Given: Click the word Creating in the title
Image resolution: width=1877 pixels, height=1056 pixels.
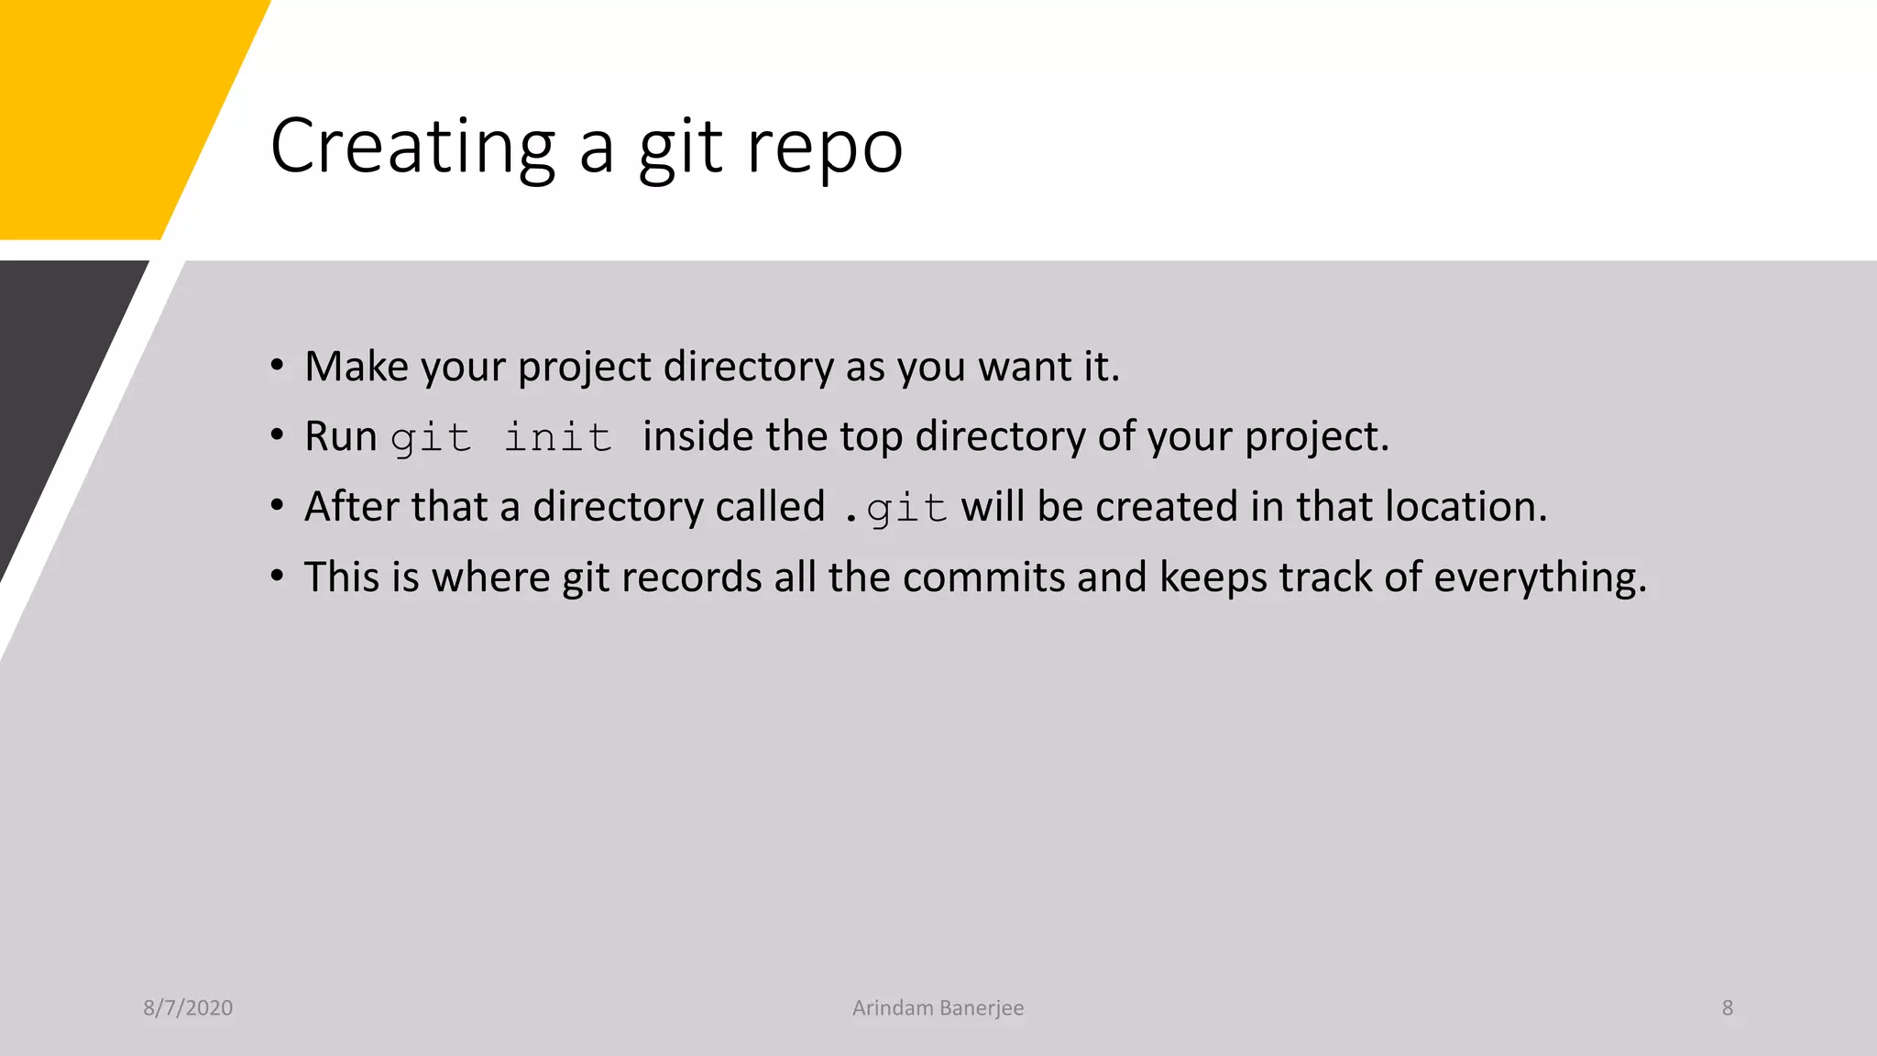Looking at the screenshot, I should pyautogui.click(x=412, y=147).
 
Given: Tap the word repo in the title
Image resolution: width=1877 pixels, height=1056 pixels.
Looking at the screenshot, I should pyautogui.click(x=825, y=148).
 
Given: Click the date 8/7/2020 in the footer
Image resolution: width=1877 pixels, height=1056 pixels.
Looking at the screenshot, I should pyautogui.click(x=188, y=1007).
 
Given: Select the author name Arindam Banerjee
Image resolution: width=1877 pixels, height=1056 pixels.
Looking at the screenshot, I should pyautogui.click(x=938, y=1007).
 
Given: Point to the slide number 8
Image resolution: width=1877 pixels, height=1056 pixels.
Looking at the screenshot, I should pyautogui.click(x=1728, y=1007).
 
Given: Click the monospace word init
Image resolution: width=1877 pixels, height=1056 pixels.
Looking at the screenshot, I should pyautogui.click(x=557, y=436).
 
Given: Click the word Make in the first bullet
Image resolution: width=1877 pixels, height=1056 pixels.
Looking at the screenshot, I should pyautogui.click(x=357, y=366).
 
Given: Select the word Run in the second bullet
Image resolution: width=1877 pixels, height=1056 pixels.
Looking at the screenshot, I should pyautogui.click(x=341, y=436).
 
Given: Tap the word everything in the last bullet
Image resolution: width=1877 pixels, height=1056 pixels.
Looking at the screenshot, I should pyautogui.click(x=1540, y=578).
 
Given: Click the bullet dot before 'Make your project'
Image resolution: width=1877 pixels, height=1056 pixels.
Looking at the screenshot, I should pyautogui.click(x=277, y=366).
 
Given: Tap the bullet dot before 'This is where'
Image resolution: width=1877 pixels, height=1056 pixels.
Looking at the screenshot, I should pyautogui.click(x=277, y=577).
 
